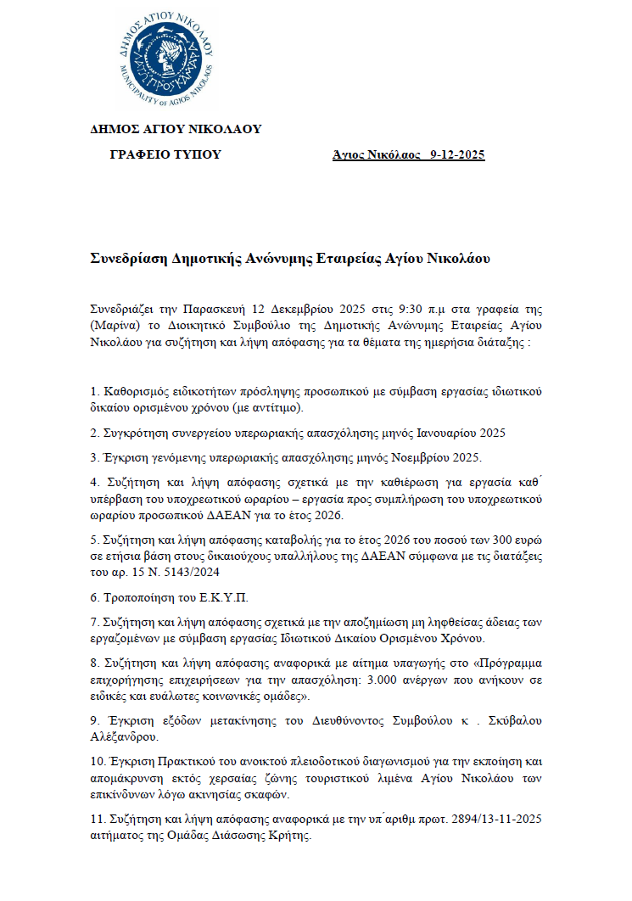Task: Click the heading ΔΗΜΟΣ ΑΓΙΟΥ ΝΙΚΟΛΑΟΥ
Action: pyautogui.click(x=176, y=130)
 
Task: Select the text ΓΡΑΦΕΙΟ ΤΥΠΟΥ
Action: pyautogui.click(x=165, y=154)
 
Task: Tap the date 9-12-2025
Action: pyautogui.click(x=457, y=154)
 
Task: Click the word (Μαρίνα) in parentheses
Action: pyautogui.click(x=111, y=326)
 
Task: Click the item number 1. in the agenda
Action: pyautogui.click(x=95, y=392)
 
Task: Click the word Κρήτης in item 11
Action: pyautogui.click(x=290, y=837)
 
